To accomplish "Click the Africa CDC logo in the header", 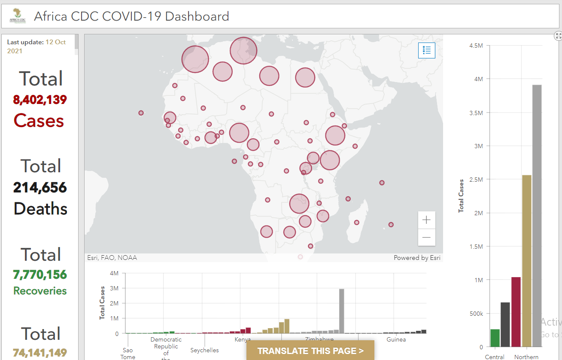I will point(18,16).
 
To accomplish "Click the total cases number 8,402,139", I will point(40,100).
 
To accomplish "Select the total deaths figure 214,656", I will point(40,188).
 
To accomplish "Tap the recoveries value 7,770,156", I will point(40,275).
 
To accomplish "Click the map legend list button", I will point(427,50).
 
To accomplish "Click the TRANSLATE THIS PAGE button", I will point(310,351).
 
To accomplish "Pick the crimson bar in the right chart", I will point(516,312).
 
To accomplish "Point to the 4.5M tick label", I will point(476,46).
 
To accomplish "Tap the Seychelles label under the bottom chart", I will point(204,350).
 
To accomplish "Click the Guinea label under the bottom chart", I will point(396,339).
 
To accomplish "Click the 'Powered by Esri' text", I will point(417,258).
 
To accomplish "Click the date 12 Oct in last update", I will point(56,42).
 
